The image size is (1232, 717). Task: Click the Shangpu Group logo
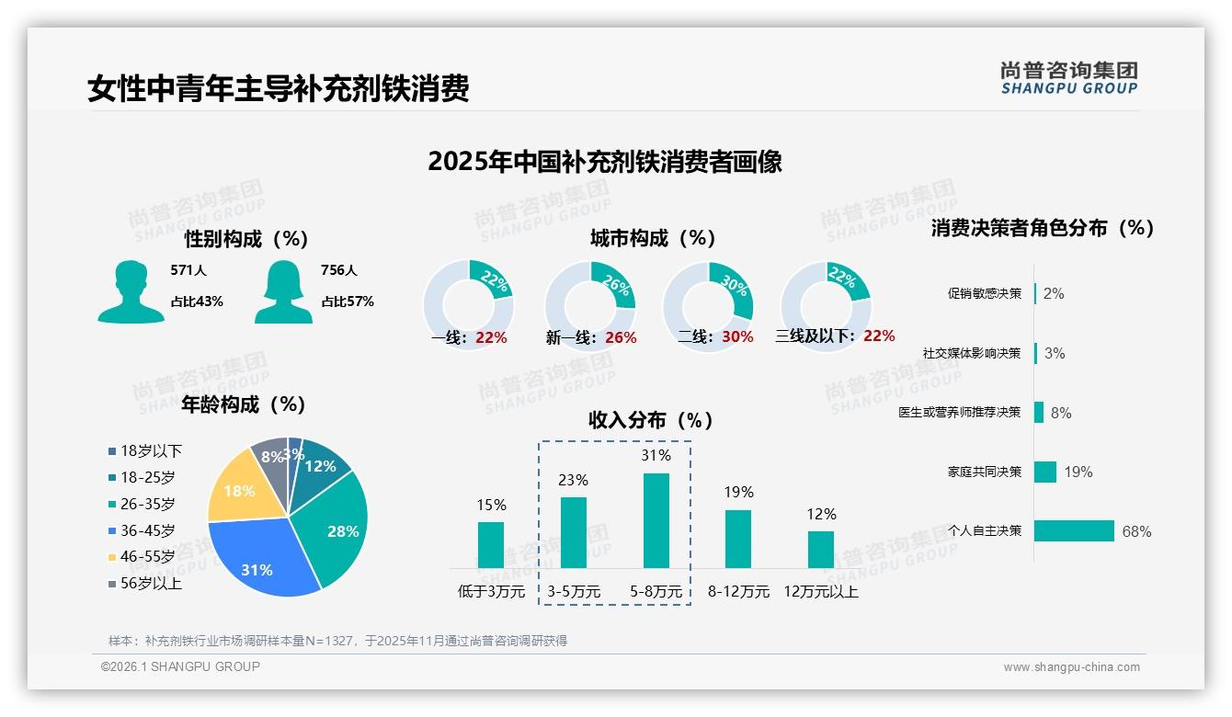[x=1069, y=78]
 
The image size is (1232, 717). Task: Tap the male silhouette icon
[x=131, y=292]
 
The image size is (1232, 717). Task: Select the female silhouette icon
[x=283, y=292]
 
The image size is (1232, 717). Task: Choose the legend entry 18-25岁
[x=147, y=477]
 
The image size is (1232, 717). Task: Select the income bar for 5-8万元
[x=656, y=520]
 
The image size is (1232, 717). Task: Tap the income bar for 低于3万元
[x=491, y=545]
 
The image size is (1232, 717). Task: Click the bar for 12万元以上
[x=821, y=550]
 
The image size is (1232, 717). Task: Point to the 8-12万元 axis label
[x=738, y=592]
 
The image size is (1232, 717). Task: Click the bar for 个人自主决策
[x=1074, y=530]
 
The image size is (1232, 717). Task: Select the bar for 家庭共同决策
[x=1045, y=472]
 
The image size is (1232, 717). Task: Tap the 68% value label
[x=1136, y=531]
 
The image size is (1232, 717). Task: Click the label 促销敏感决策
[x=984, y=293]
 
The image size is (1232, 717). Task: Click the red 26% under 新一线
[x=621, y=337]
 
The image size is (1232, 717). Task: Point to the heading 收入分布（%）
[x=651, y=420]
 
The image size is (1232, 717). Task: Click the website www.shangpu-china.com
[x=1071, y=667]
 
